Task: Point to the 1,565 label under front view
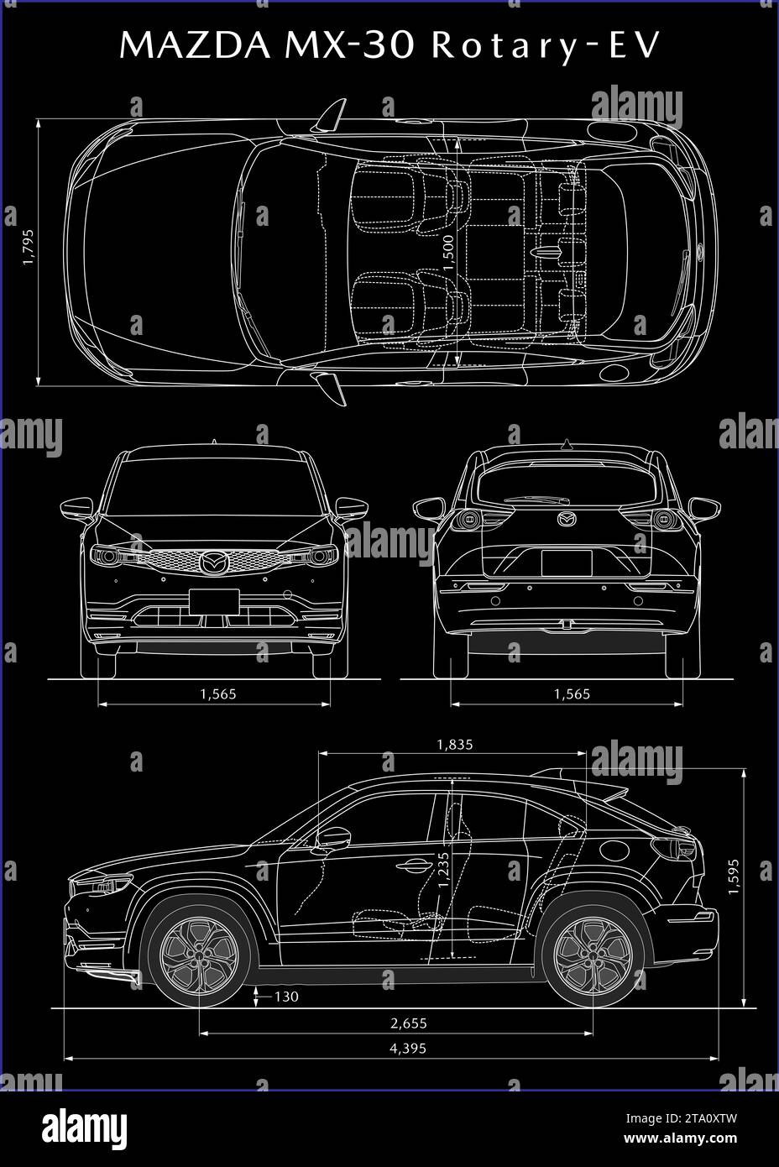[217, 693]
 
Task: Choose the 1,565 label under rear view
[572, 693]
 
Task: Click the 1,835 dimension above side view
[455, 743]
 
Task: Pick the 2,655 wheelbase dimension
[409, 1023]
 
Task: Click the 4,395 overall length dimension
[409, 1048]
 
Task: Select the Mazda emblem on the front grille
[214, 562]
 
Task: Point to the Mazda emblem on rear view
[568, 519]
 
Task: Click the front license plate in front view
[214, 601]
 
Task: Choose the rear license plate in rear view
[567, 562]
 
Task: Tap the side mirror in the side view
[334, 837]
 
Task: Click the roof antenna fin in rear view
[567, 443]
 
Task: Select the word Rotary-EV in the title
[546, 47]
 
